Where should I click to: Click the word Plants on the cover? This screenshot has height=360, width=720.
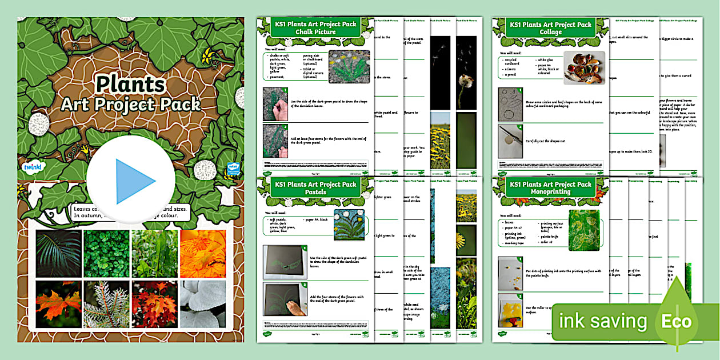coord(130,85)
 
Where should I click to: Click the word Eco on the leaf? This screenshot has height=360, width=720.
coord(677,321)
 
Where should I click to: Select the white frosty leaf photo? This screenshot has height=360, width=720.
coord(202,303)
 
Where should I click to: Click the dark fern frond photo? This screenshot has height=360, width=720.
coord(58,253)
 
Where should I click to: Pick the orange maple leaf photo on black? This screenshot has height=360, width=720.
coord(58,303)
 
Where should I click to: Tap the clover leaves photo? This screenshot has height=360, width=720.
coord(106,253)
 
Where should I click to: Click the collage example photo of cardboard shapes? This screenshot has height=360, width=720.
coord(584,67)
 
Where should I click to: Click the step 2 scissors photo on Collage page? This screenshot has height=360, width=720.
coord(510,141)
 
